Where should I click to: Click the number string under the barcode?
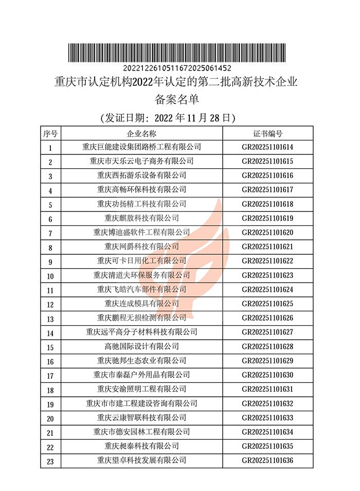[177, 68]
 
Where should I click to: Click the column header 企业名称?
[141, 134]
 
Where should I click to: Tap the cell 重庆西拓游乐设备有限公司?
[141, 176]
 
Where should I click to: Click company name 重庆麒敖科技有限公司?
[141, 218]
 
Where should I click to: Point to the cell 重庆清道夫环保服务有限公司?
[141, 275]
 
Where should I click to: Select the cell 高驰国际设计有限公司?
[141, 346]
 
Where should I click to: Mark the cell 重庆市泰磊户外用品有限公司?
[141, 375]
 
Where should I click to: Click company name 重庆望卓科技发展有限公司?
[141, 460]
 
